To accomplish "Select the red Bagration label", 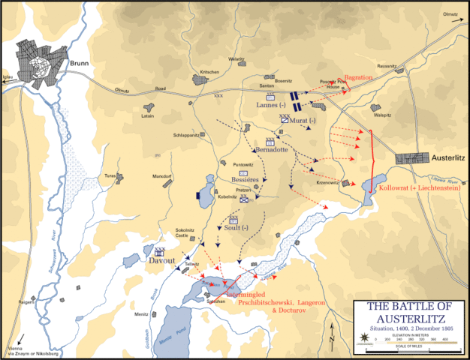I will coord(360,77).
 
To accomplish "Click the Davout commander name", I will coord(161,263).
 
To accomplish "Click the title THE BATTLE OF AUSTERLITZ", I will coord(411,312).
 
